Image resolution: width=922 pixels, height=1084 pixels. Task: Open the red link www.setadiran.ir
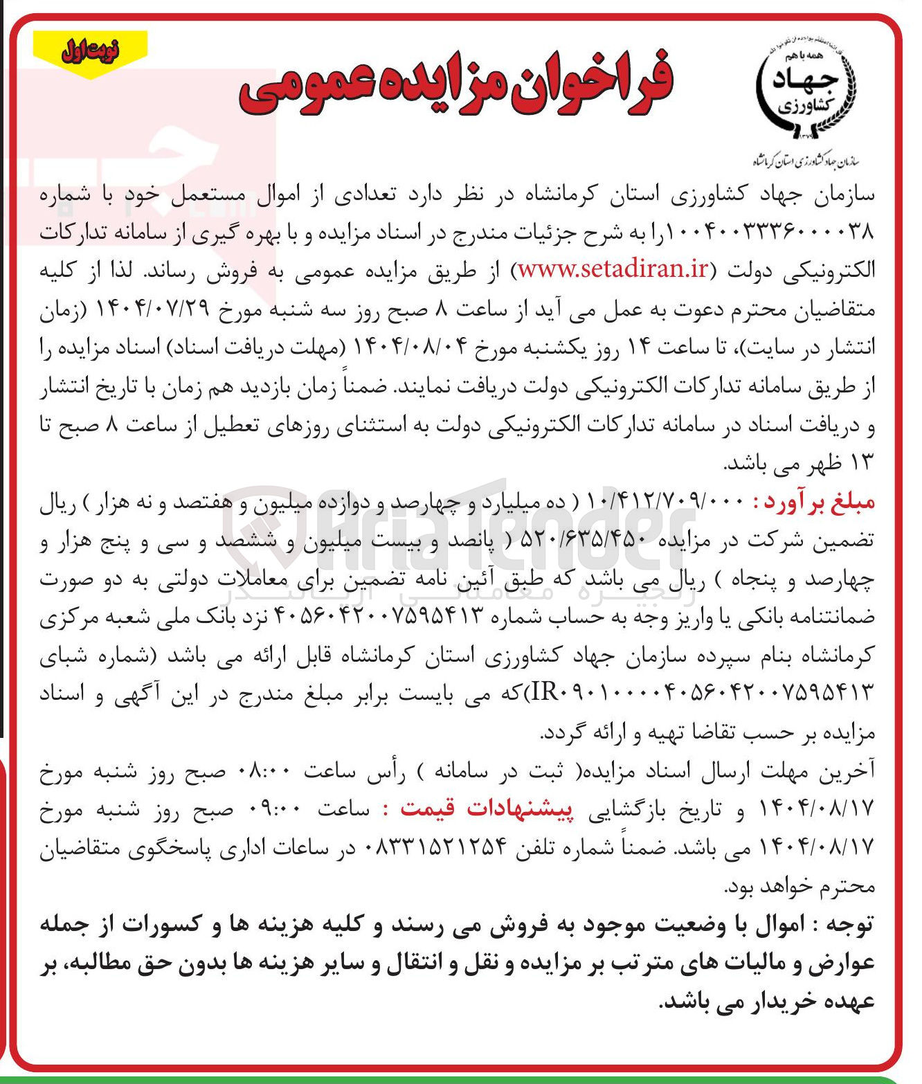(x=613, y=270)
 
